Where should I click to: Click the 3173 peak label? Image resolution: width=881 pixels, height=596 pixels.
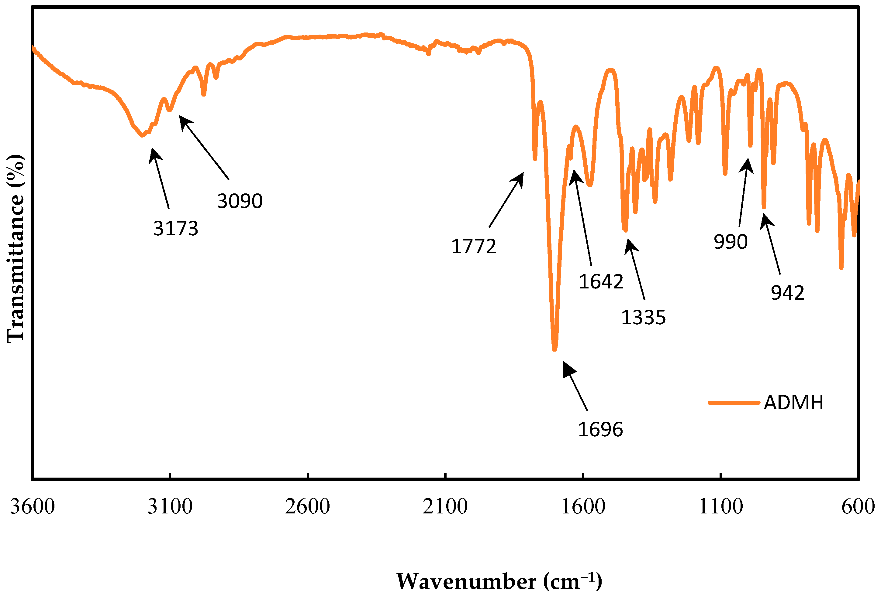click(x=175, y=228)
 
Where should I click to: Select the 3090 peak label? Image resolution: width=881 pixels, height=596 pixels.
click(x=240, y=201)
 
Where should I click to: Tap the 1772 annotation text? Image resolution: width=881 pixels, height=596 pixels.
click(x=473, y=247)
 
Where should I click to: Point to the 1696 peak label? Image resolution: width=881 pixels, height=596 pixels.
click(x=600, y=429)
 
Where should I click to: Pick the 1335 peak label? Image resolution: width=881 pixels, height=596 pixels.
click(x=643, y=317)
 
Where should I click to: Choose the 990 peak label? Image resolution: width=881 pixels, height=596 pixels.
click(x=730, y=242)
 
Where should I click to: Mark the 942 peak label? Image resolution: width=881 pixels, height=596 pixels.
click(x=787, y=293)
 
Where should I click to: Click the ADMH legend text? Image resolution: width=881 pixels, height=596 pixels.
click(x=793, y=403)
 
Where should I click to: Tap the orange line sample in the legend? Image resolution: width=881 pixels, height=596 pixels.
click(x=734, y=403)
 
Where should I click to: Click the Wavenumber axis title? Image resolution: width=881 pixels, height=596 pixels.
click(x=499, y=581)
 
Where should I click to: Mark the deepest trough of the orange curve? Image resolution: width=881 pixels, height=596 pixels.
click(x=555, y=348)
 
